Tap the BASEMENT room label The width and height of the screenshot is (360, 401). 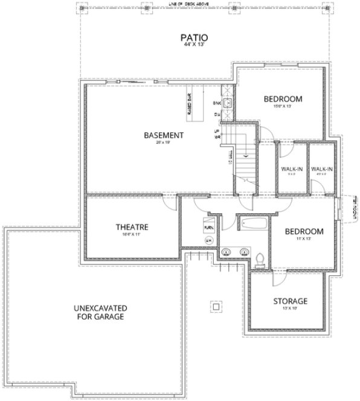(163, 135)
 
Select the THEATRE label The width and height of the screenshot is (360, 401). (132, 227)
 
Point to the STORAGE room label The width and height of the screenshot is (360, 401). (290, 301)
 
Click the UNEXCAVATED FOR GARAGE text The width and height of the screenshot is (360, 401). (99, 311)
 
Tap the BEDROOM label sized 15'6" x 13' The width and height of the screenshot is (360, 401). (282, 98)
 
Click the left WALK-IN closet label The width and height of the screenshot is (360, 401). (292, 168)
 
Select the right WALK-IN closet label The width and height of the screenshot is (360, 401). (322, 168)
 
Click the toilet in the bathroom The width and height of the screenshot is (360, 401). (260, 259)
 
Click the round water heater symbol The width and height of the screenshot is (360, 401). (210, 240)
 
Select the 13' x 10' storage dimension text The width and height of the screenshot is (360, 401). (290, 309)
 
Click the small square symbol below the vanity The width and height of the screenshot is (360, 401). (213, 306)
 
